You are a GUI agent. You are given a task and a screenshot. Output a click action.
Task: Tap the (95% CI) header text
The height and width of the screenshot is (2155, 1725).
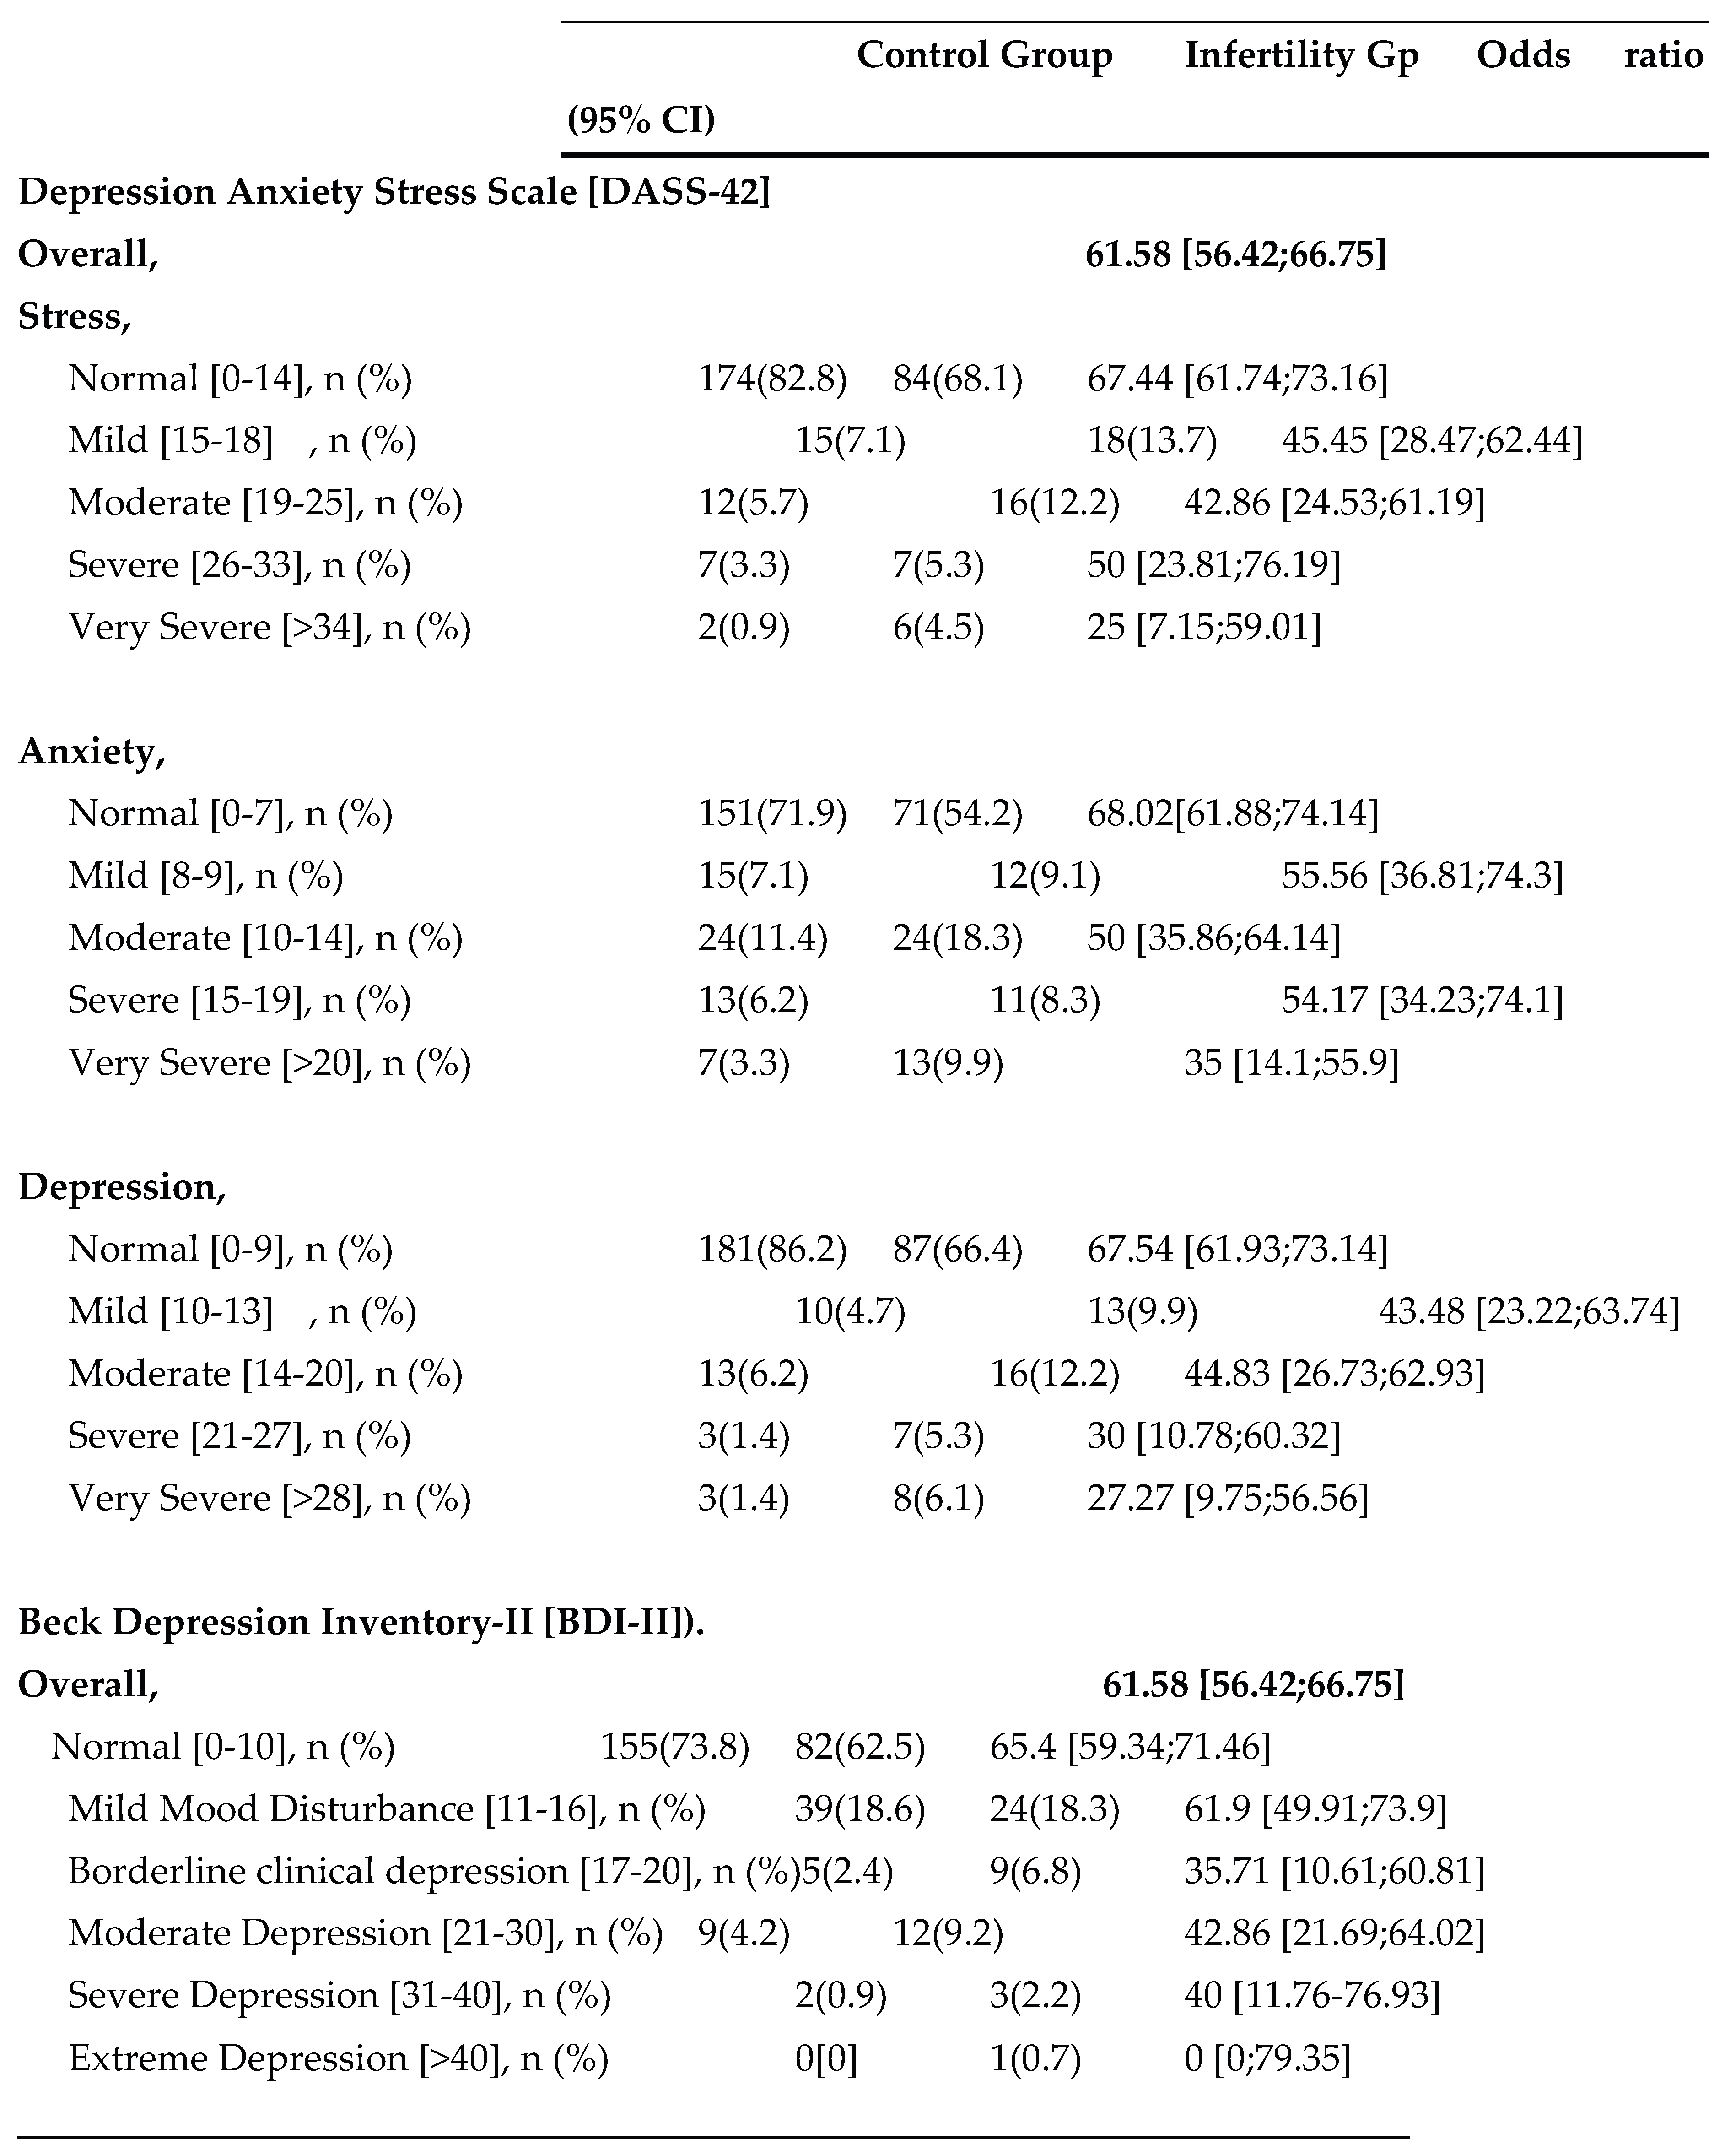click(x=641, y=120)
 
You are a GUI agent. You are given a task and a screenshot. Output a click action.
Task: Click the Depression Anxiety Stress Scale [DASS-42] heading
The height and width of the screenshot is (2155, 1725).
click(x=394, y=191)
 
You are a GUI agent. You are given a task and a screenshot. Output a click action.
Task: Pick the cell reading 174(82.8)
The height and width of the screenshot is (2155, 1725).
click(x=771, y=379)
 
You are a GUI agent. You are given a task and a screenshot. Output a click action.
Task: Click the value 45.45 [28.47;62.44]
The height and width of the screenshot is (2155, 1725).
click(x=1431, y=441)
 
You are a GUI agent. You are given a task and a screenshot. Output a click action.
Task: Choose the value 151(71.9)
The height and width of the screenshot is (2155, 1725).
click(x=771, y=814)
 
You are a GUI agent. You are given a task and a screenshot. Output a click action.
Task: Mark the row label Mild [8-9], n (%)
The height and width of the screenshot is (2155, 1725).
click(x=205, y=876)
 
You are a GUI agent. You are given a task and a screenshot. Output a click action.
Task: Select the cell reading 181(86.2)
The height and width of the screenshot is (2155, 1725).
click(x=771, y=1250)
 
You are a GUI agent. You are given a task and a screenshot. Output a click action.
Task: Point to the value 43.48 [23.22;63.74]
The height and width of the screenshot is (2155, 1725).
click(x=1528, y=1311)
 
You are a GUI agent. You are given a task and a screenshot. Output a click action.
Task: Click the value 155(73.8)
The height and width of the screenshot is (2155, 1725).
click(x=674, y=1746)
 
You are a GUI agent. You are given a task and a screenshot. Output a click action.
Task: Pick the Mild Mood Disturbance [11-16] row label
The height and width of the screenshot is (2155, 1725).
click(x=386, y=1808)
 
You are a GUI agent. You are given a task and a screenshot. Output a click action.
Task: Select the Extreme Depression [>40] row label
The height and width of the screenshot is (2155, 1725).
click(x=338, y=2057)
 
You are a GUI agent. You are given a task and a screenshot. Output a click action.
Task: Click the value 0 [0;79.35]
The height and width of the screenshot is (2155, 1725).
click(x=1266, y=2057)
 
